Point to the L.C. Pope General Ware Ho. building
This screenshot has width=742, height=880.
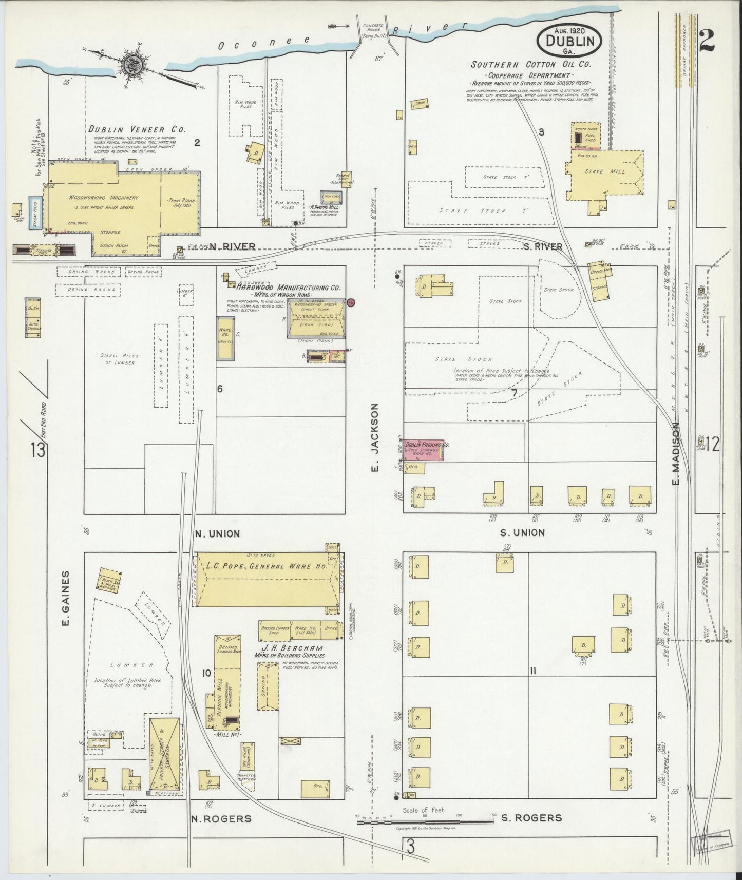pos(267,580)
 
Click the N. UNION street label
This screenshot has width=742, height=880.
pos(218,533)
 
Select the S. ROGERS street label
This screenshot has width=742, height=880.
pos(531,817)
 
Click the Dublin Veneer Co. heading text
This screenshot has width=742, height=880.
pos(136,129)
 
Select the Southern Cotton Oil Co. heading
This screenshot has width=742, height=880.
pos(531,65)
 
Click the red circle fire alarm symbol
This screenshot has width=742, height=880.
pos(351,302)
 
